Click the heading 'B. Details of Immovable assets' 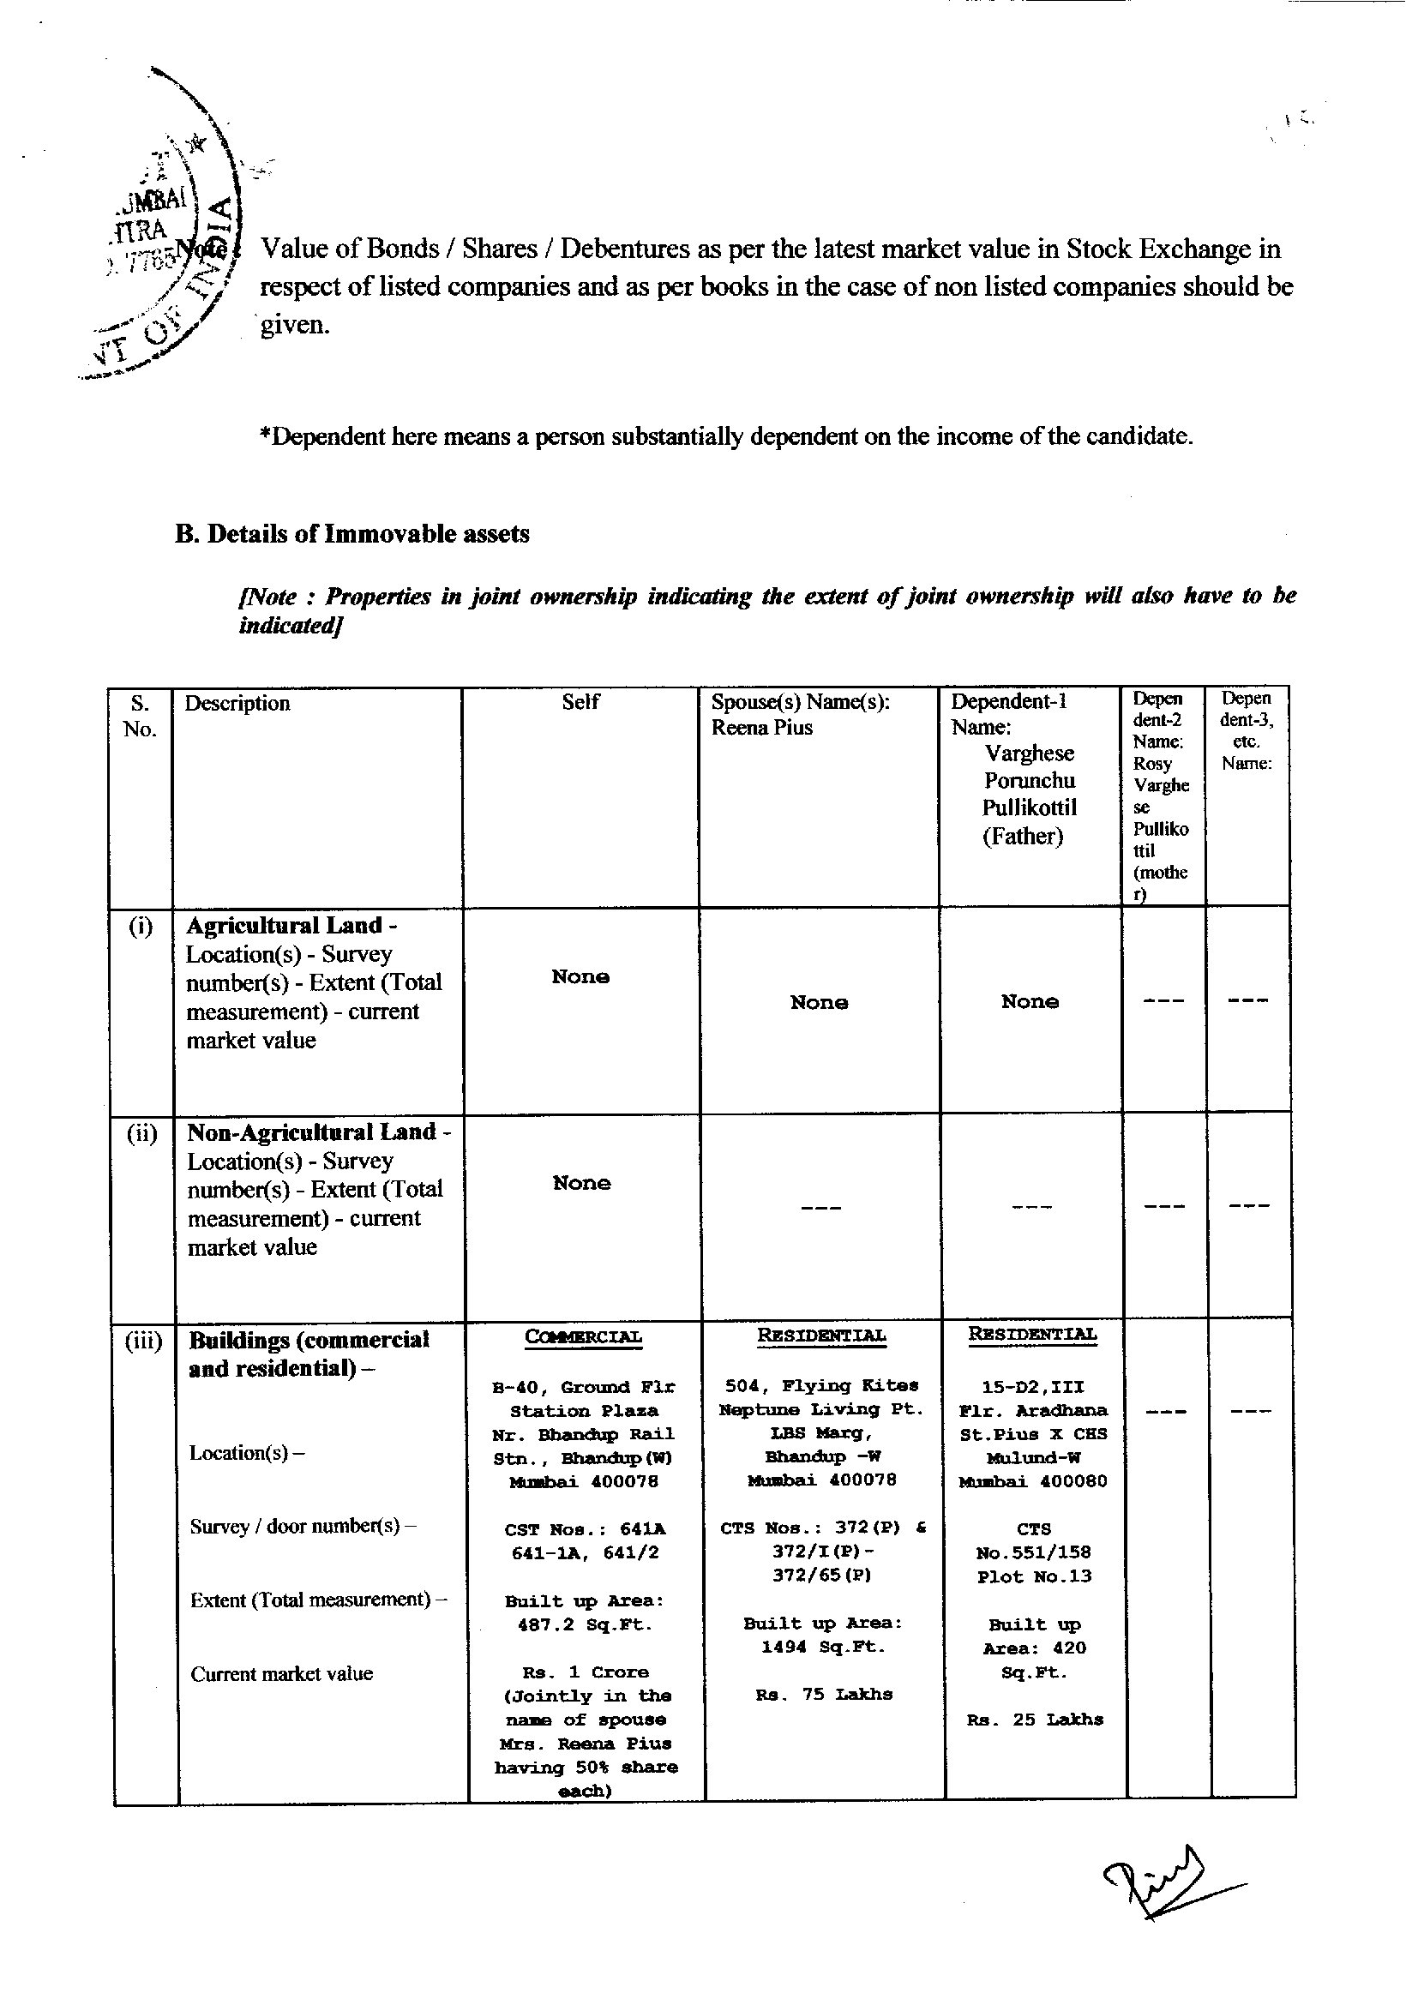351,533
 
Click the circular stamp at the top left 166,236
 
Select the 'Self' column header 580,702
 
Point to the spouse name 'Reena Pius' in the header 761,728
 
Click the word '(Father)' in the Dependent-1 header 1023,836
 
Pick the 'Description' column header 237,703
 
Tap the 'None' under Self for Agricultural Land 580,976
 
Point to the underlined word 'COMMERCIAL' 583,1337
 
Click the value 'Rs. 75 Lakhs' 823,1694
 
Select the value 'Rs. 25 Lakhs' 1035,1720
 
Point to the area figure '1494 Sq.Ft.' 823,1647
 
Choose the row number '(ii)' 141,1133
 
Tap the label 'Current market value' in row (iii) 281,1673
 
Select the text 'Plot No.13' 1034,1576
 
